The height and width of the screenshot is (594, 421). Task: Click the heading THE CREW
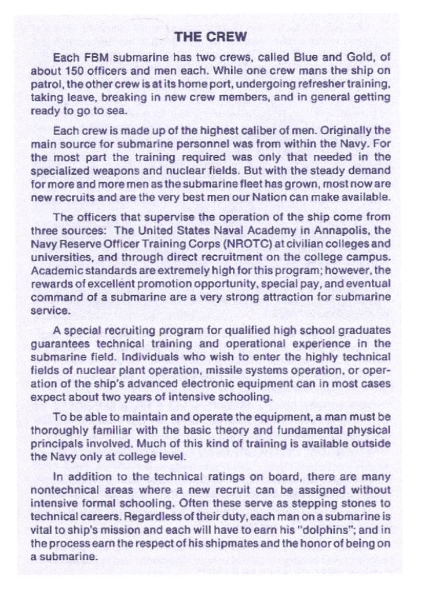(211, 37)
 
